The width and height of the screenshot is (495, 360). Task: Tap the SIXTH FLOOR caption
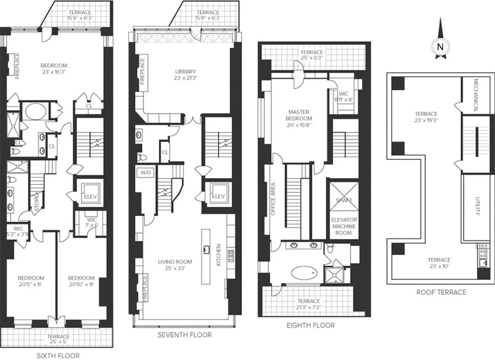point(58,355)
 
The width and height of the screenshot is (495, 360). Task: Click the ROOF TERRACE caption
point(441,292)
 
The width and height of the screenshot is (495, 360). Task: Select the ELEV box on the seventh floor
point(218,196)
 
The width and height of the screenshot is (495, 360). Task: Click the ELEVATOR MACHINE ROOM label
point(344,226)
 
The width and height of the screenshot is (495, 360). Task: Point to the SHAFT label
point(344,200)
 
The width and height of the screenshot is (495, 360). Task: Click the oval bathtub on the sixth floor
point(33,112)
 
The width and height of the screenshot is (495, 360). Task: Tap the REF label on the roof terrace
point(483,246)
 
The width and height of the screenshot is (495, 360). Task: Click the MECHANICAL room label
point(476,96)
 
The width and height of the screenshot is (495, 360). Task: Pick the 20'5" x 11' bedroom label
point(31,281)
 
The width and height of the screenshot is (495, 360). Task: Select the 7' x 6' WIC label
point(92,223)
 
